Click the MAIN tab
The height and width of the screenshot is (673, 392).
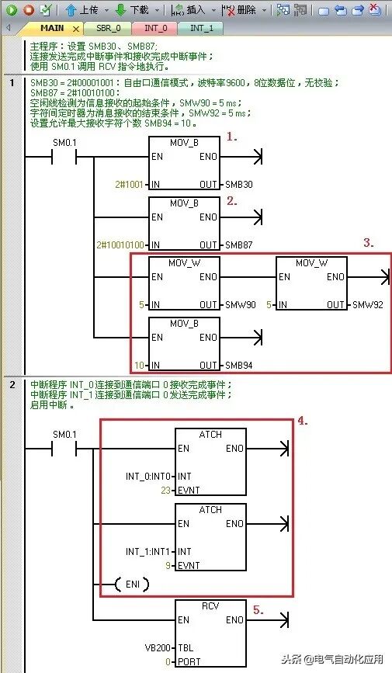click(x=51, y=28)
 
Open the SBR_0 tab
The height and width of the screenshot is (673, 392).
click(x=108, y=28)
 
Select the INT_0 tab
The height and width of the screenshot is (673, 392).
click(x=155, y=28)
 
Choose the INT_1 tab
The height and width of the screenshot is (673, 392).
click(x=201, y=28)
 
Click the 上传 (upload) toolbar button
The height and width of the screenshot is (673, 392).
click(x=83, y=9)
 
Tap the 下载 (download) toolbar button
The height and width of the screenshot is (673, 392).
click(x=133, y=9)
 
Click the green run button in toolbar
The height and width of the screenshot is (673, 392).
click(x=12, y=9)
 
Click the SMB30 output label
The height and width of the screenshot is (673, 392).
click(x=239, y=185)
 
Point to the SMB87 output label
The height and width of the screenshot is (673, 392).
click(x=239, y=245)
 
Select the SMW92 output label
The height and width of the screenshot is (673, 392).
click(x=367, y=305)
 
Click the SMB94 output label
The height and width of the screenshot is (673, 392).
click(x=239, y=366)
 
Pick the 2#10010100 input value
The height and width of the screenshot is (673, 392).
click(x=120, y=245)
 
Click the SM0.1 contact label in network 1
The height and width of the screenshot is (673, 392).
click(x=64, y=143)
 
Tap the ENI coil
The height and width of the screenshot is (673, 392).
click(x=133, y=585)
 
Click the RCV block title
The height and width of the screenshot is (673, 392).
click(x=210, y=606)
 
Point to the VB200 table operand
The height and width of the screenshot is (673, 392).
click(x=158, y=647)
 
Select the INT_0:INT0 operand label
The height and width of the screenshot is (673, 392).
click(x=147, y=477)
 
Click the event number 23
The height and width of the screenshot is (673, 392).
click(x=166, y=490)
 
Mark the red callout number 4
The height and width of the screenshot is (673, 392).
click(x=303, y=421)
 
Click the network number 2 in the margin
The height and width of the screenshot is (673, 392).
click(x=12, y=384)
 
